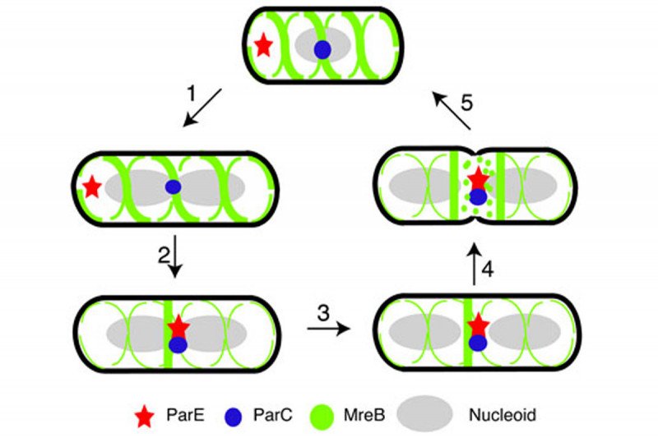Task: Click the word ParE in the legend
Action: coord(187,416)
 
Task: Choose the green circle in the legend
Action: coord(322,416)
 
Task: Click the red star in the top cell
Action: coord(263,44)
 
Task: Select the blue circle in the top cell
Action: coord(322,49)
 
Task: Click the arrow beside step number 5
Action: coord(452,111)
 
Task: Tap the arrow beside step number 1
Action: coord(202,107)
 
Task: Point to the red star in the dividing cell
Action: coord(478,178)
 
